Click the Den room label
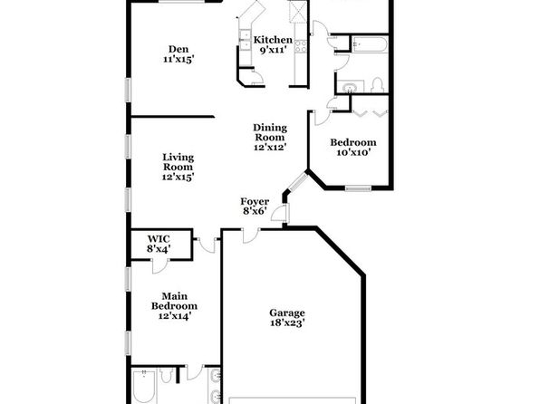coord(178,54)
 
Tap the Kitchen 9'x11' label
coord(273,44)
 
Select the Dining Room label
coord(270,138)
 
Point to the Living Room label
coord(178,167)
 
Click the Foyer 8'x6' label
coord(255,206)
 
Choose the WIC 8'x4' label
coord(159,244)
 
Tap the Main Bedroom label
coord(174,306)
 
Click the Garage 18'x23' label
coord(287,318)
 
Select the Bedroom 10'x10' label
coord(353,147)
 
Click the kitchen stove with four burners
coord(300,46)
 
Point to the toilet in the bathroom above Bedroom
coord(378,85)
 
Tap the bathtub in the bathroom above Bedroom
coord(370,44)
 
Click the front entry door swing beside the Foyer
coord(280,213)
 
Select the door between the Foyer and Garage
coord(251,236)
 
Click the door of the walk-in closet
coord(160,265)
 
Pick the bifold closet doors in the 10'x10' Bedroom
coord(370,113)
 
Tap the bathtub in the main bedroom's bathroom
coord(144,387)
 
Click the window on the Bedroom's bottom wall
coord(358,188)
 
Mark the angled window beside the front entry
coord(298,181)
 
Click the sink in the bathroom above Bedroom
coord(350,87)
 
